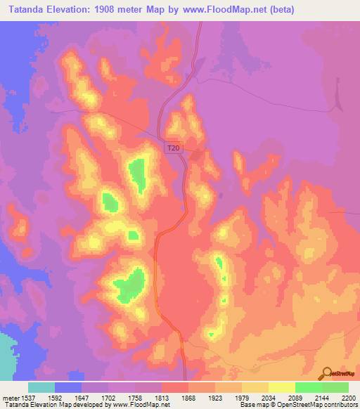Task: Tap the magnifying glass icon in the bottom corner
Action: coord(326,374)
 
